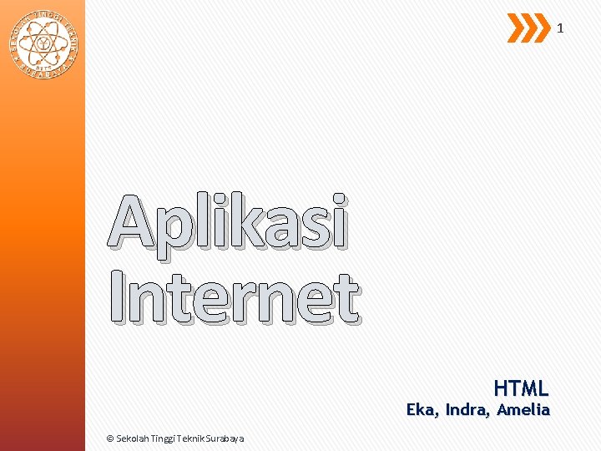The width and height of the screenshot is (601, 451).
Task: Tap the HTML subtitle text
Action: pyautogui.click(x=521, y=388)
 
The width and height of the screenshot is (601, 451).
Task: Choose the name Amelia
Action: pyautogui.click(x=523, y=410)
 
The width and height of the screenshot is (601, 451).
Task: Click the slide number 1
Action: pyautogui.click(x=560, y=28)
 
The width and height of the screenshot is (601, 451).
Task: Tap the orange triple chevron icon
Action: pyautogui.click(x=528, y=28)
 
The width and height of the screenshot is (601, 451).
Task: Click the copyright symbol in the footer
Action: pyautogui.click(x=111, y=438)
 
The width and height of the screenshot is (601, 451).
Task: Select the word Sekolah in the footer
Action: pyautogui.click(x=134, y=438)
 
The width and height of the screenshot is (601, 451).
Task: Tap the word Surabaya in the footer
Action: pyautogui.click(x=227, y=438)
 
